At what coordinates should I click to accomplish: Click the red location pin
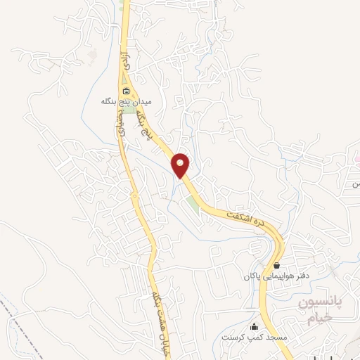(181, 165)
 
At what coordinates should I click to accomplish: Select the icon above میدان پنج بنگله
(125, 91)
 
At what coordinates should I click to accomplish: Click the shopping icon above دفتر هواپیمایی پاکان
(277, 266)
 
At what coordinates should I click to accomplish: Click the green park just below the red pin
(192, 205)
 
